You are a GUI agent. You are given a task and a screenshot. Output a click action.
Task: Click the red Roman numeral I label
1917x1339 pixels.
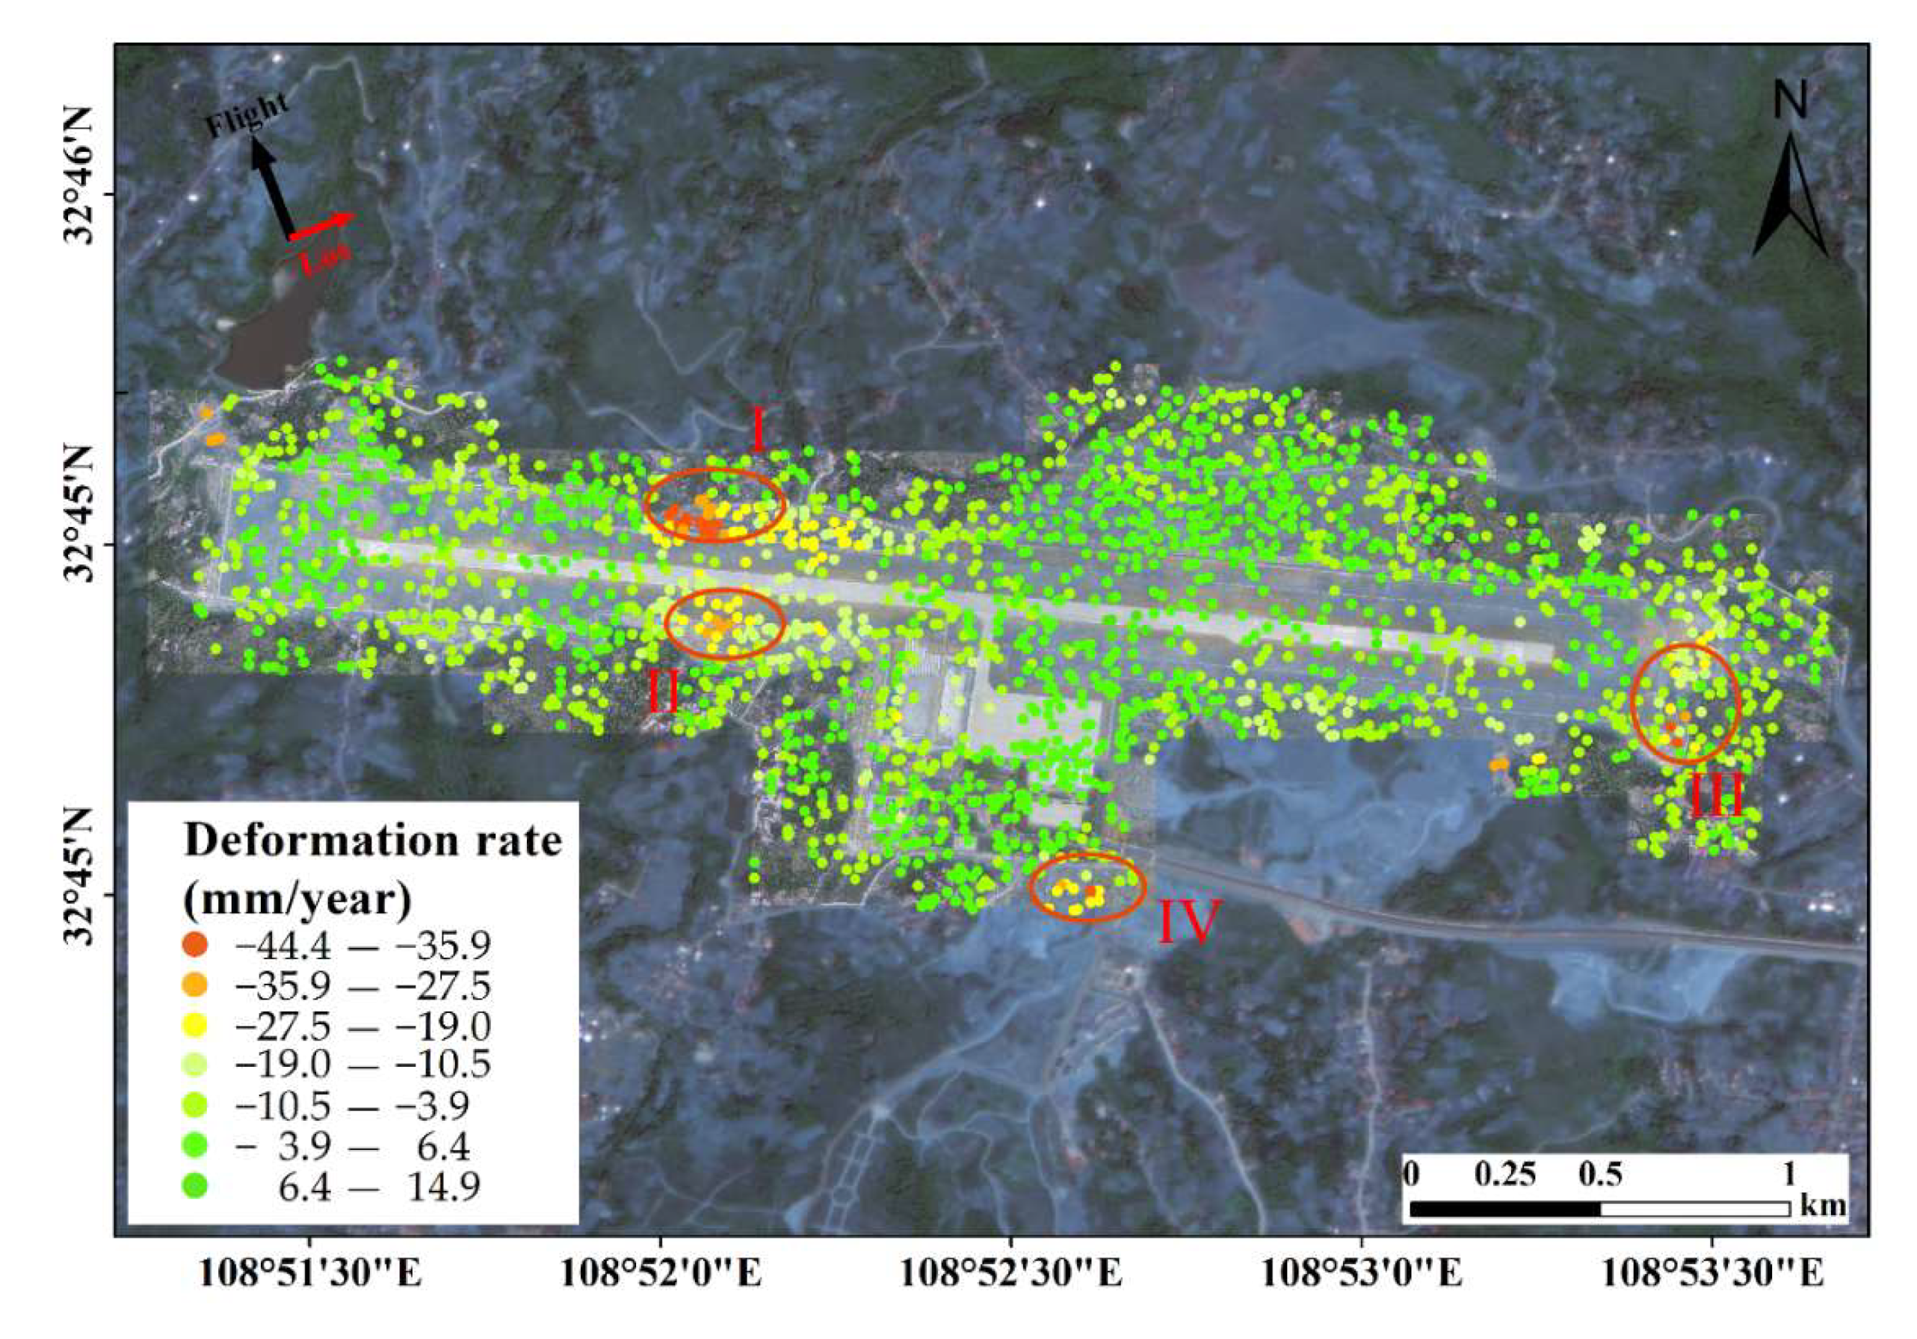pyautogui.click(x=757, y=429)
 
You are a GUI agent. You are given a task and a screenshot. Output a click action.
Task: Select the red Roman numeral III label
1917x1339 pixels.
pyautogui.click(x=1717, y=795)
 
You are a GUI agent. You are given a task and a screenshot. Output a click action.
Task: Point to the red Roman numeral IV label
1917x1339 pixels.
pyautogui.click(x=1190, y=920)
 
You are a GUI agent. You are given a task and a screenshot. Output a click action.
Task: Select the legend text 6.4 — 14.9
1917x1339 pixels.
pyautogui.click(x=379, y=1186)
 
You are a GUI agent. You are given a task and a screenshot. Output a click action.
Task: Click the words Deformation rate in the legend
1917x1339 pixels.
pyautogui.click(x=372, y=840)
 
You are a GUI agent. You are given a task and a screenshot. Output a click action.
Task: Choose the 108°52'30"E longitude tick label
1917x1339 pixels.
pyautogui.click(x=1011, y=1274)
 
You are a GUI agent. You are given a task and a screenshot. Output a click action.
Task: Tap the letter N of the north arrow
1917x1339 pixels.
pyautogui.click(x=1790, y=101)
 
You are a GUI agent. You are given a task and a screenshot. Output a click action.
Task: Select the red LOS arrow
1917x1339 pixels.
pyautogui.click(x=321, y=227)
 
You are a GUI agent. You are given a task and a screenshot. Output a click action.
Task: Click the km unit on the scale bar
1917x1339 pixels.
pyautogui.click(x=1824, y=1205)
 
